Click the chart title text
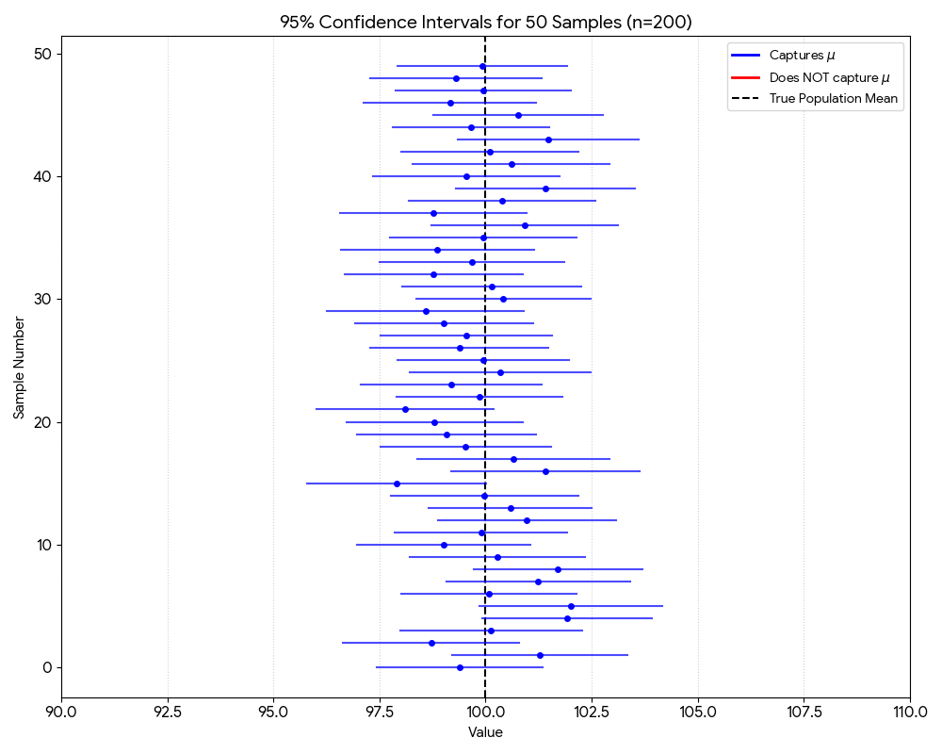pyautogui.click(x=485, y=23)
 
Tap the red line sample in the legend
pyautogui.click(x=745, y=77)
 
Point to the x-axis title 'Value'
pyautogui.click(x=485, y=732)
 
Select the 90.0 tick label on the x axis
pyautogui.click(x=61, y=711)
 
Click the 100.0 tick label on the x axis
pyautogui.click(x=485, y=711)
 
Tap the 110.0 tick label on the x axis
pyautogui.click(x=909, y=711)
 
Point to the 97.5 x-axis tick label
pyautogui.click(x=380, y=711)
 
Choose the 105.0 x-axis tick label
pyautogui.click(x=697, y=711)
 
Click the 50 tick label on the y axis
pyautogui.click(x=41, y=54)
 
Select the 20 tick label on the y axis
pyautogui.click(x=41, y=422)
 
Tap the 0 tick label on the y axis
pyautogui.click(x=46, y=667)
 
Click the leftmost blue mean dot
pyautogui.click(x=397, y=484)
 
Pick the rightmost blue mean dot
pyautogui.click(x=571, y=606)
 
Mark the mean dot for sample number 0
pyautogui.click(x=460, y=667)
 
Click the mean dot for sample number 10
pyautogui.click(x=444, y=545)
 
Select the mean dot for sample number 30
pyautogui.click(x=503, y=299)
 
